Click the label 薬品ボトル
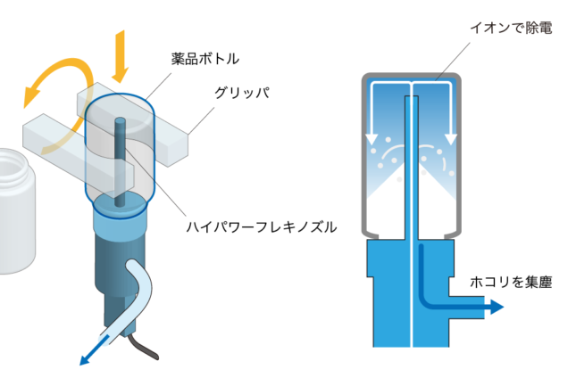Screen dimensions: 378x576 coord(205,60)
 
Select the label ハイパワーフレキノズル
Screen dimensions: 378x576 coord(261,226)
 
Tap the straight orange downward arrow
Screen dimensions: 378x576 coord(119,53)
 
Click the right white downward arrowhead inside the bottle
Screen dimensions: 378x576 coord(451,137)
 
